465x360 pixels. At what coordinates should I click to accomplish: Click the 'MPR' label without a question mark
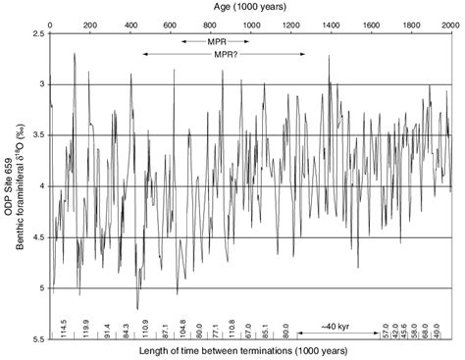tap(216, 42)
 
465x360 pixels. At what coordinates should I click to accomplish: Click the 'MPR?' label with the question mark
tap(226, 55)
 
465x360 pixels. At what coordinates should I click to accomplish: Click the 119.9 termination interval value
tap(86, 328)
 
